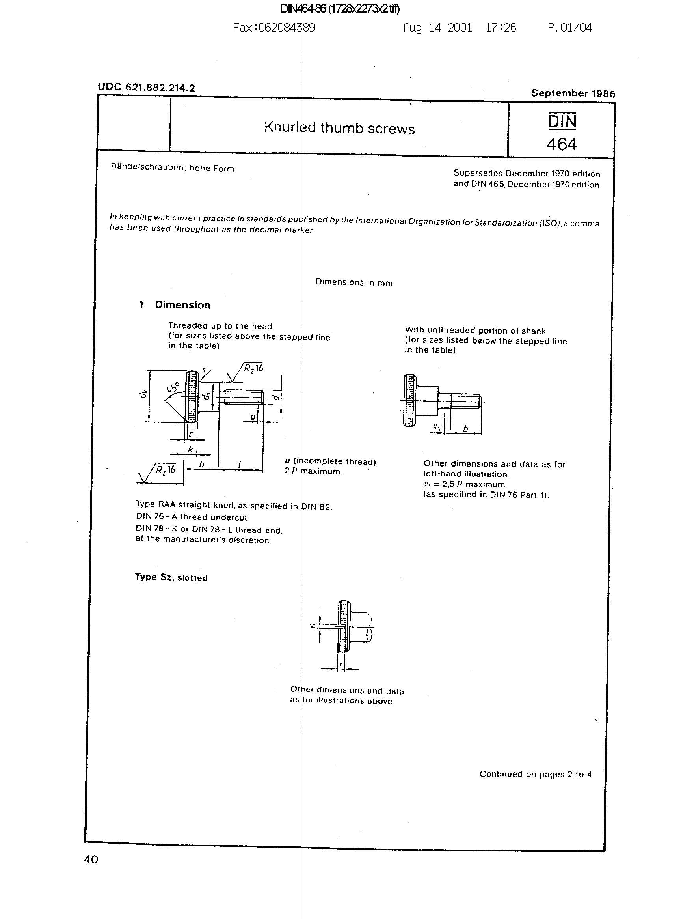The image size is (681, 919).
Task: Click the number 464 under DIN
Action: pyautogui.click(x=562, y=144)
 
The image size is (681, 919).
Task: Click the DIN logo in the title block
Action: pyautogui.click(x=562, y=121)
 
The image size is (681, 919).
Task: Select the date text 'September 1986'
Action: pyautogui.click(x=573, y=93)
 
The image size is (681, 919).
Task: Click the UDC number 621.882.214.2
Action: pyautogui.click(x=146, y=88)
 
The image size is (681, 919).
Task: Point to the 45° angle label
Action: pyautogui.click(x=173, y=388)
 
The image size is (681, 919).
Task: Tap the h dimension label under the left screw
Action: pyautogui.click(x=201, y=465)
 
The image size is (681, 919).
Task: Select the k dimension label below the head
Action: pyautogui.click(x=190, y=449)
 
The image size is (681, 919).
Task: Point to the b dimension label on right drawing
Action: pyautogui.click(x=465, y=429)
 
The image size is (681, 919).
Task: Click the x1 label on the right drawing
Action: pyautogui.click(x=436, y=427)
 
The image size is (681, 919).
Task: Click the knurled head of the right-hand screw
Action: pyautogui.click(x=410, y=400)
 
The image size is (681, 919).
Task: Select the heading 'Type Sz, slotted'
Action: pyautogui.click(x=171, y=577)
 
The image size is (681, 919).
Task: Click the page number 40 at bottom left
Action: pyautogui.click(x=91, y=859)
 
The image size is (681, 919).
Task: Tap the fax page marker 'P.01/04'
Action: pyautogui.click(x=570, y=28)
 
